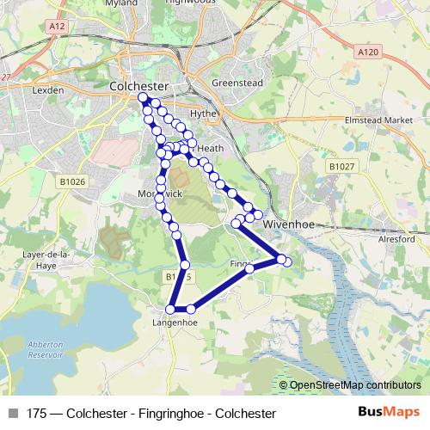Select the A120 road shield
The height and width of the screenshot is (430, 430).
click(x=367, y=52)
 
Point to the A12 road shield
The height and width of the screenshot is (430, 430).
click(x=58, y=27)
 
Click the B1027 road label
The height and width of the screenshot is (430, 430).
click(x=341, y=165)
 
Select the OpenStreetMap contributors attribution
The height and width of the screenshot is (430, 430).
click(x=353, y=385)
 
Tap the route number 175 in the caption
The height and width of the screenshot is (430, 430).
click(x=37, y=414)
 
